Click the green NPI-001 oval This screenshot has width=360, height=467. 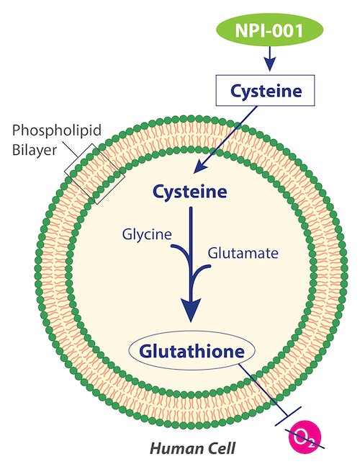tap(269, 30)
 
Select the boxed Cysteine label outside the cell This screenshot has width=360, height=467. tap(265, 91)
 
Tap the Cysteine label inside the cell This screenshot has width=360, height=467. tap(190, 192)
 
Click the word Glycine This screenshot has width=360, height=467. tap(147, 235)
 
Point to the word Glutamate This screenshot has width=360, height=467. tap(243, 253)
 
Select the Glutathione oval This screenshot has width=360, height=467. tap(192, 351)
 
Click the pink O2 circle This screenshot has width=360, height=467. tap(305, 435)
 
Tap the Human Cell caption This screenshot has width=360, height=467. tap(192, 448)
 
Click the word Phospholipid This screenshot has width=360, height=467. tap(57, 130)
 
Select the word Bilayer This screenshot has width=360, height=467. tap(35, 149)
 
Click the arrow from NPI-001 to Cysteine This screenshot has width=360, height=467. tap(270, 58)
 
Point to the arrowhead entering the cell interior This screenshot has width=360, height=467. tap(199, 168)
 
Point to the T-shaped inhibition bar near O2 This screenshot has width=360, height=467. tap(288, 416)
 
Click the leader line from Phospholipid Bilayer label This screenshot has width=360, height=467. tap(71, 150)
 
